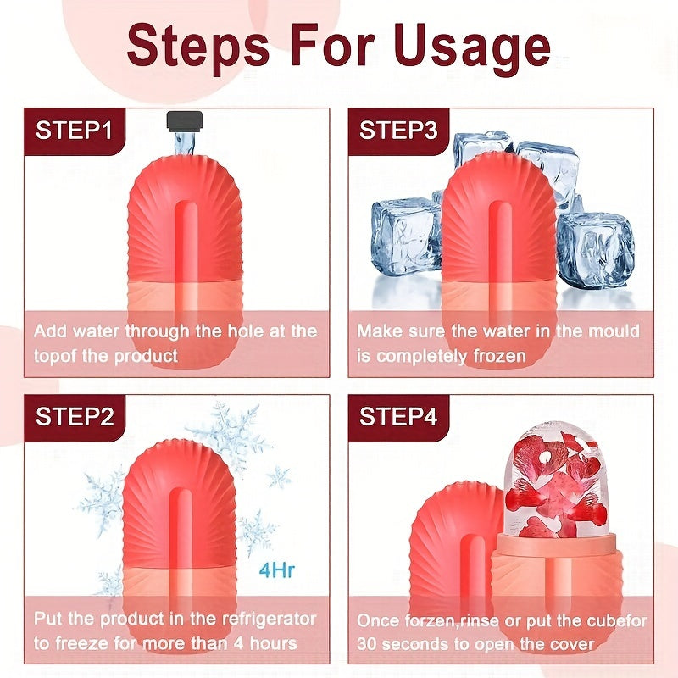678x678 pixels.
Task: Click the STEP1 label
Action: (73, 131)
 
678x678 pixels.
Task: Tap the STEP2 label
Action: (73, 416)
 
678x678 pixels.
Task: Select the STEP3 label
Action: (398, 131)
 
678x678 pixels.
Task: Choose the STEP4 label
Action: (398, 416)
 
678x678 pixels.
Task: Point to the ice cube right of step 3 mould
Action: (597, 254)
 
